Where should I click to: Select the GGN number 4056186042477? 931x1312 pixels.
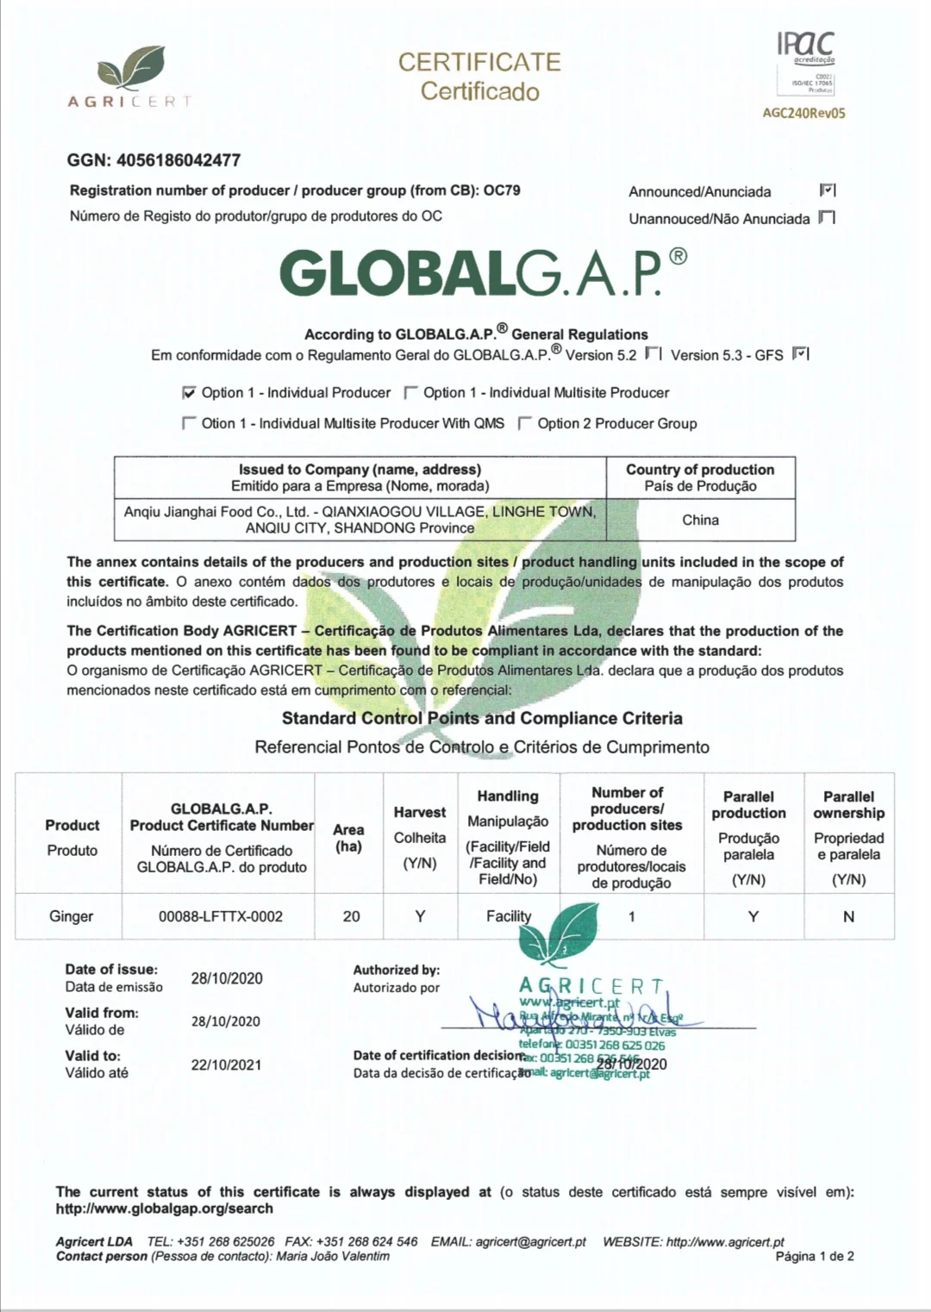[178, 160]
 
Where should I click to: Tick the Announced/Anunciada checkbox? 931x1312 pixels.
[827, 191]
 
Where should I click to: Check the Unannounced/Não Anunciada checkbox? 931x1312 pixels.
[827, 217]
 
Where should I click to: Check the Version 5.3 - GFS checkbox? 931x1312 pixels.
[799, 353]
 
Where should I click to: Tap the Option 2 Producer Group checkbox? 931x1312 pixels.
[524, 423]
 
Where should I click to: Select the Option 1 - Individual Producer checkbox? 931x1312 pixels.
[189, 393]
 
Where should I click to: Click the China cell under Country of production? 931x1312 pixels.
[700, 520]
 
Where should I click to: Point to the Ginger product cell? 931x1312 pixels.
[71, 916]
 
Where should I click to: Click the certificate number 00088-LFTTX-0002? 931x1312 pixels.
[221, 916]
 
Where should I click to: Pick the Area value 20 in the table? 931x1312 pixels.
[351, 916]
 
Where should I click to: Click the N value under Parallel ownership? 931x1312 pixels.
[848, 917]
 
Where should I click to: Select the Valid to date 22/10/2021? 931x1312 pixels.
[226, 1065]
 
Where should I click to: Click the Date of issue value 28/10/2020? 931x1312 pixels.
[227, 978]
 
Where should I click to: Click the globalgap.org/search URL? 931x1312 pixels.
[164, 1209]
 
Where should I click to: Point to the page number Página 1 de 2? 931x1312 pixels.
[815, 1256]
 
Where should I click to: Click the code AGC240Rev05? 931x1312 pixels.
[804, 113]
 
